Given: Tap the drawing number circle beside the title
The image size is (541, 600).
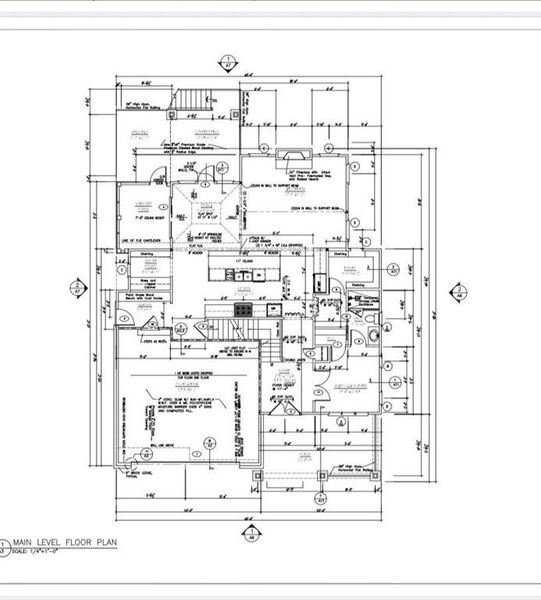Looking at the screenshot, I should [x=6, y=546].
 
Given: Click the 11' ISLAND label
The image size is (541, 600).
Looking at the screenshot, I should [x=238, y=262].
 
